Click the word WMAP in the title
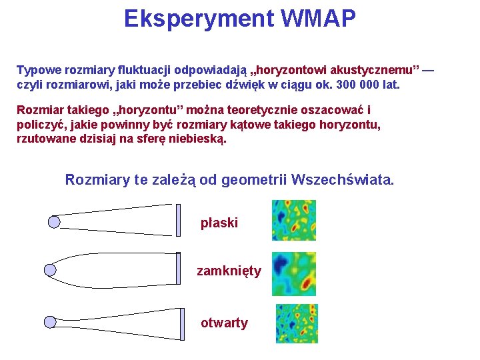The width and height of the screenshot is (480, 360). click(318, 19)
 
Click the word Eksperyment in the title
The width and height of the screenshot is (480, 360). click(199, 19)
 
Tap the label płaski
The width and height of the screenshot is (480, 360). click(219, 223)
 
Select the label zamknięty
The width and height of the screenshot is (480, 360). click(229, 271)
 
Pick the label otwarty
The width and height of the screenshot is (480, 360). click(224, 323)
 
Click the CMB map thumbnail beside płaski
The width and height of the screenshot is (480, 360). click(293, 220)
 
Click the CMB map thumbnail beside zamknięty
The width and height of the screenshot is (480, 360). click(293, 273)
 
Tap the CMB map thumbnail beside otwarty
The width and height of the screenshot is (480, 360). click(297, 323)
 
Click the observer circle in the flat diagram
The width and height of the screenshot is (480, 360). click(55, 221)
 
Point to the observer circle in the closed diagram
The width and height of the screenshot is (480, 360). click(50, 270)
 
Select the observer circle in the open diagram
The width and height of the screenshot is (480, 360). click(50, 323)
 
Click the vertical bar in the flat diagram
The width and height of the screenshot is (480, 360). click(179, 220)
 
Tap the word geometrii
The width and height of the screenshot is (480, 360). click(255, 180)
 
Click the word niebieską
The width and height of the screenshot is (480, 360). click(195, 139)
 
